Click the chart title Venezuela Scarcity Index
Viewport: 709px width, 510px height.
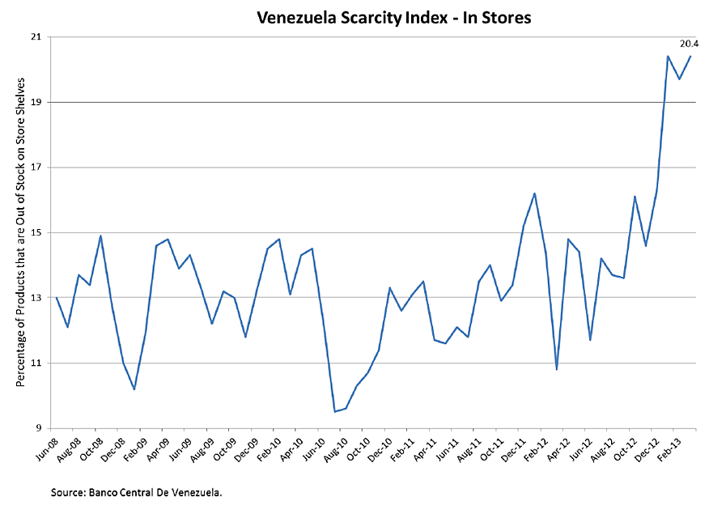(x=393, y=16)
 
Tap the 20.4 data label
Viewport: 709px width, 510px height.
(x=690, y=43)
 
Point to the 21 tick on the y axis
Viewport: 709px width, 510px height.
(x=36, y=37)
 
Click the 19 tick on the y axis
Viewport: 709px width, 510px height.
(x=36, y=103)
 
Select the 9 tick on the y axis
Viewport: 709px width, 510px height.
(x=38, y=428)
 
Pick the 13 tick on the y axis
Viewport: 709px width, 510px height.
(x=36, y=298)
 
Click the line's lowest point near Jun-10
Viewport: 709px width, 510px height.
(x=334, y=411)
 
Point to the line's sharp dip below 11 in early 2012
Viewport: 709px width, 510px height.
(x=557, y=369)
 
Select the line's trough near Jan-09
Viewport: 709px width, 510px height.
(x=134, y=389)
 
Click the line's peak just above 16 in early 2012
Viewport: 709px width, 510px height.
(x=534, y=193)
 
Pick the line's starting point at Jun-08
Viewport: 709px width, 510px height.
(x=57, y=298)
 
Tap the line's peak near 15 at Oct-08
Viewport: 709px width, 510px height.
(x=100, y=236)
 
